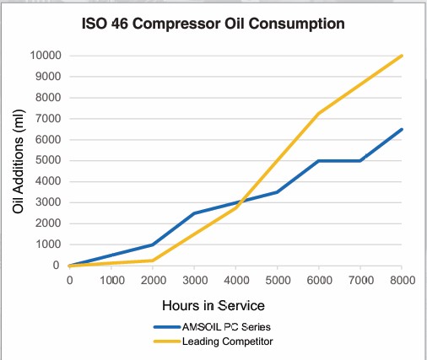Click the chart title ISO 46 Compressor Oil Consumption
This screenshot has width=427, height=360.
click(x=213, y=24)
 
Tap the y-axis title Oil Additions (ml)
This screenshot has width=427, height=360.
click(x=18, y=160)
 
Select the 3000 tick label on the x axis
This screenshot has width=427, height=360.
click(x=194, y=280)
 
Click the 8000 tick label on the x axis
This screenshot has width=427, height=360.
click(x=402, y=280)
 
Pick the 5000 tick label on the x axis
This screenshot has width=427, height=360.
click(x=277, y=280)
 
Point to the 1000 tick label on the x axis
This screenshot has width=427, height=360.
click(x=111, y=280)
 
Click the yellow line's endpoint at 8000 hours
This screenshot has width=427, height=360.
click(x=402, y=56)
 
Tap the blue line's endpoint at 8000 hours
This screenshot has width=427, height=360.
click(x=402, y=129)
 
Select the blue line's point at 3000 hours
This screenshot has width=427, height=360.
click(x=194, y=213)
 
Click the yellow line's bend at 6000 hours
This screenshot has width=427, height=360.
click(x=318, y=114)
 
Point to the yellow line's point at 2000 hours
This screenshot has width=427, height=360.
click(x=152, y=261)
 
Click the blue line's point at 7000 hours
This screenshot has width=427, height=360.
click(x=360, y=160)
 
